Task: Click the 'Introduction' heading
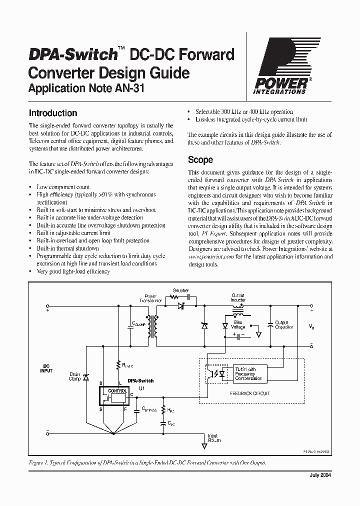point(53,113)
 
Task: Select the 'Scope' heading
point(200,160)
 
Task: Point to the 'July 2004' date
point(320,475)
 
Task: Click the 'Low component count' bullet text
point(63,187)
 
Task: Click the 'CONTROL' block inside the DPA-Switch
point(117,390)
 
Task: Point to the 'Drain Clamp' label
point(74,377)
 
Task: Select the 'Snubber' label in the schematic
point(180,290)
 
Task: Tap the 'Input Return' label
point(213,438)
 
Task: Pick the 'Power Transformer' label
point(150,298)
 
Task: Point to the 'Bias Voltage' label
point(238,325)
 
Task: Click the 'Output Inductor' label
point(238,298)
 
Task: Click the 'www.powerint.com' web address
point(205,256)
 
